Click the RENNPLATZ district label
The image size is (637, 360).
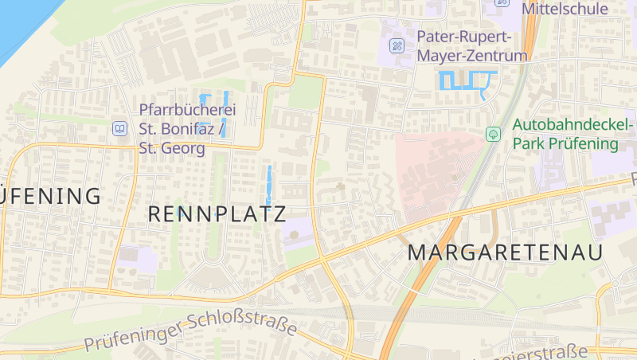coord(217,213)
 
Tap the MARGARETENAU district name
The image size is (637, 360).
coord(505,252)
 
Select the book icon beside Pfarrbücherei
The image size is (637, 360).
coord(119,127)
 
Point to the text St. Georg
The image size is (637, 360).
coord(172,148)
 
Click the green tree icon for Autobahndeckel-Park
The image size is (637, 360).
coord(493,134)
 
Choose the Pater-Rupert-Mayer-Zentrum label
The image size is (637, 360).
coord(471,46)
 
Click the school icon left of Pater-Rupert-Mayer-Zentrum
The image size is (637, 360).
coord(397,46)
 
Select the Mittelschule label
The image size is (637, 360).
coord(565,10)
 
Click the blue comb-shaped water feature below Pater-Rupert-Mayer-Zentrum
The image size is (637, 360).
coord(467,81)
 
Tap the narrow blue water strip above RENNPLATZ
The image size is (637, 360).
coord(269,183)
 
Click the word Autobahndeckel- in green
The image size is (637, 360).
coord(573,125)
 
